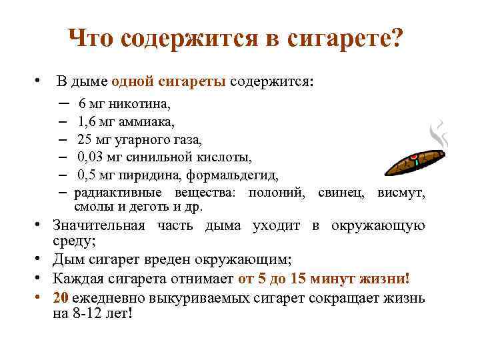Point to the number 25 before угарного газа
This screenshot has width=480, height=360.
pos(85,140)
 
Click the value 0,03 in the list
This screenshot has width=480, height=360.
pos(91,158)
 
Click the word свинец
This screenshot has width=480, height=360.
pos(341,193)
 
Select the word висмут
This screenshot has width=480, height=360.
pos(401,193)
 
